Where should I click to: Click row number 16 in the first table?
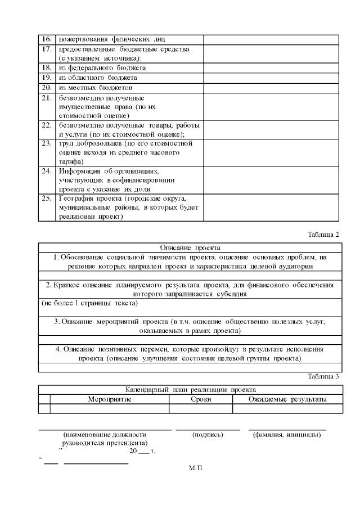pyautogui.click(x=47, y=39)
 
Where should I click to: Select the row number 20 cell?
pyautogui.click(x=47, y=88)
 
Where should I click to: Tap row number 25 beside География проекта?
pyautogui.click(x=47, y=199)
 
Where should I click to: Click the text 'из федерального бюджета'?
pyautogui.click(x=98, y=67)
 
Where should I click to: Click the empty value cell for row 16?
pyautogui.click(x=271, y=39)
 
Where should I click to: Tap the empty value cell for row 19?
pyautogui.click(x=271, y=78)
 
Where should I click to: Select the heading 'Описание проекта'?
pyautogui.click(x=190, y=247)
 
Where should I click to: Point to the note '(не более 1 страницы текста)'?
pyautogui.click(x=89, y=304)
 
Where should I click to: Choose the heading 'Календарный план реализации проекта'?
pyautogui.click(x=190, y=389)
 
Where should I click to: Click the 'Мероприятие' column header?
pyautogui.click(x=110, y=399)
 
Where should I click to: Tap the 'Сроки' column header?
pyautogui.click(x=201, y=399)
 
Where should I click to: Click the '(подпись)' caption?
pyautogui.click(x=208, y=434)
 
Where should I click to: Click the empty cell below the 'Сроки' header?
pyautogui.click(x=201, y=409)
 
